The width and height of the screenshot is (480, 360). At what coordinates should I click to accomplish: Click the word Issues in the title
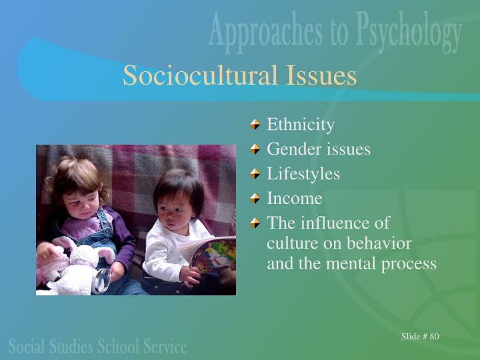[x=321, y=75]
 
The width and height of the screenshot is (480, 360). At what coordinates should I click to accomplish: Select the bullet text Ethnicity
[x=300, y=125]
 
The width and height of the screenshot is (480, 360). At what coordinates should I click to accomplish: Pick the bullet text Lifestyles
[x=303, y=174]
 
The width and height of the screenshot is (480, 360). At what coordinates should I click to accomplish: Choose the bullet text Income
[x=295, y=199]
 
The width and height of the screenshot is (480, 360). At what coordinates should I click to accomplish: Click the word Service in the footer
[x=165, y=347]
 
